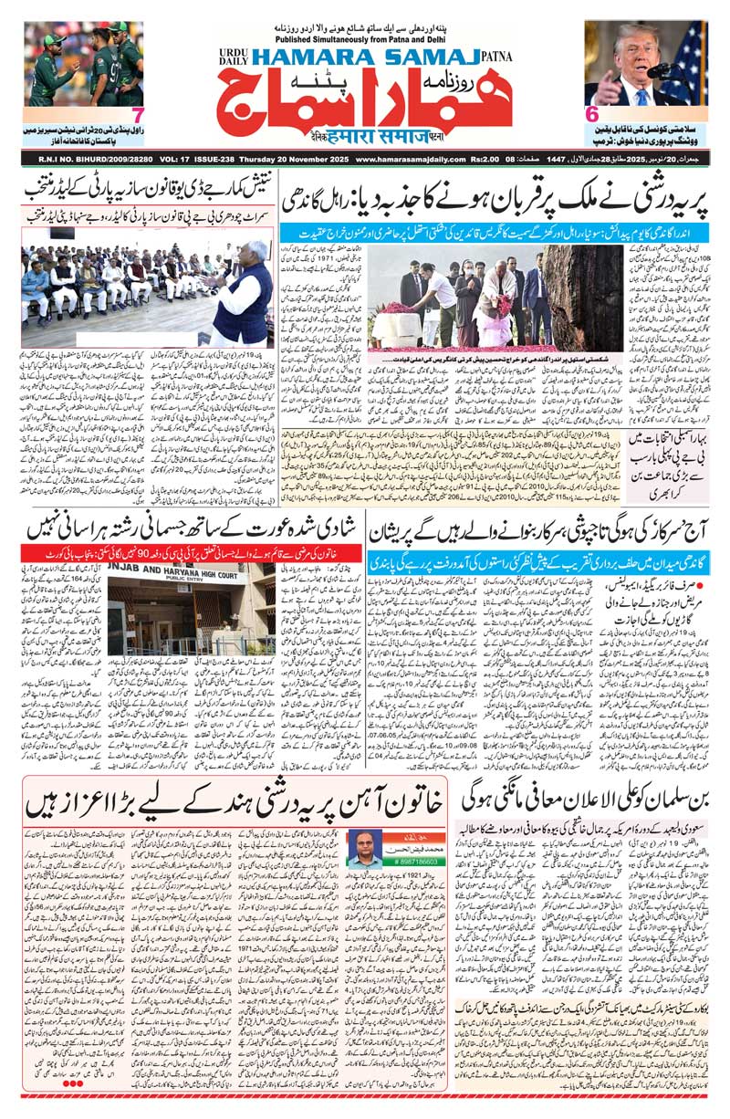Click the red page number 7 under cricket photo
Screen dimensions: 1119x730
pyautogui.click(x=137, y=116)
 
